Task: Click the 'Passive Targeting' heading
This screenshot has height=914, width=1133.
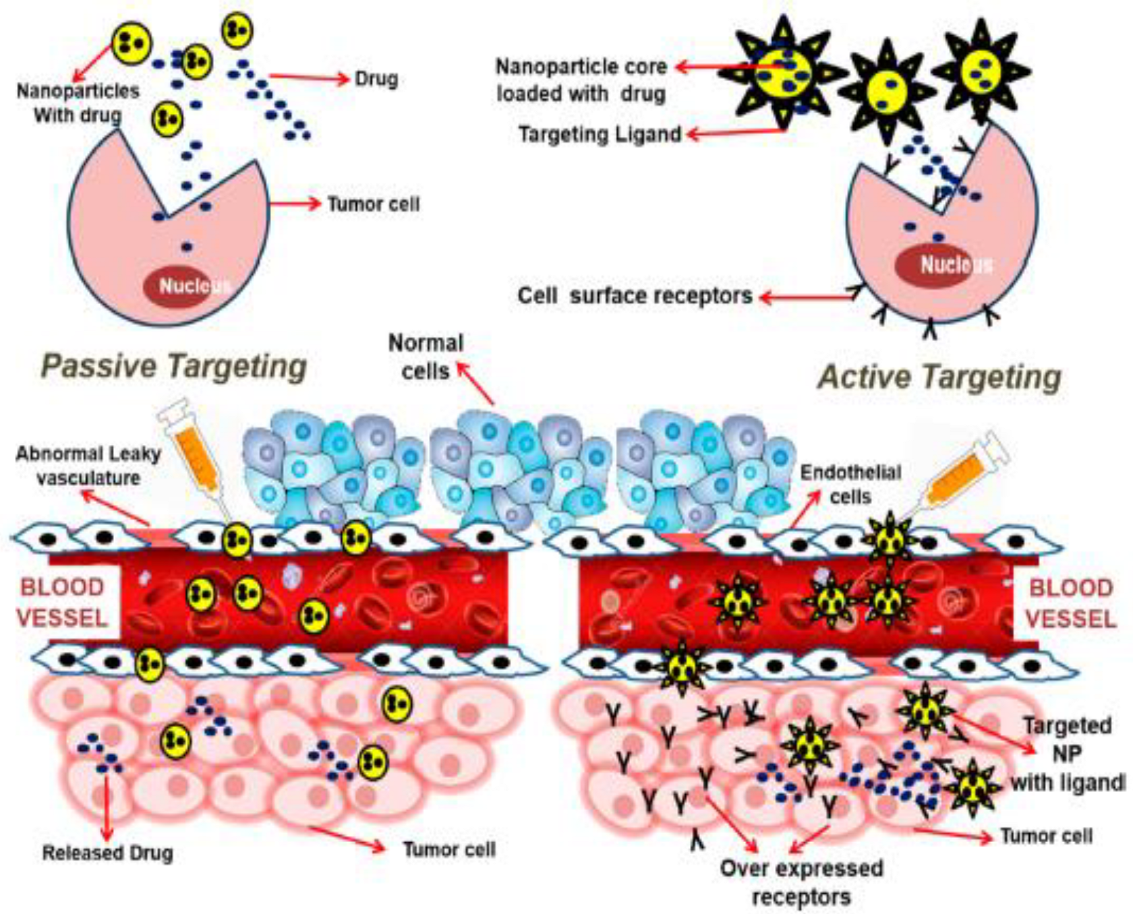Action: click(174, 366)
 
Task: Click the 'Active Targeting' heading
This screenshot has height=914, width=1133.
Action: click(939, 377)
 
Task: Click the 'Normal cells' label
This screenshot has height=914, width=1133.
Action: click(426, 357)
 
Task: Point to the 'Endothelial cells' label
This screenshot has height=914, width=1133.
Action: click(850, 485)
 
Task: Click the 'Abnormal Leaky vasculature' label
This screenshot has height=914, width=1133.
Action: click(88, 466)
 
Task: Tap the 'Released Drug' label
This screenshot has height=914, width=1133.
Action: click(108, 853)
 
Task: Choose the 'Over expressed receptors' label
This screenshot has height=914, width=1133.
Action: click(801, 882)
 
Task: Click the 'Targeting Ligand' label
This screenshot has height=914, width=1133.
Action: click(599, 134)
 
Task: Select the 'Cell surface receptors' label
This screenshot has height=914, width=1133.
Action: click(635, 295)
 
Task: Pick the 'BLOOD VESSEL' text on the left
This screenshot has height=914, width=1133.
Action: click(62, 603)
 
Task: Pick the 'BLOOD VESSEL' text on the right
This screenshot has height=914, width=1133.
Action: click(1070, 603)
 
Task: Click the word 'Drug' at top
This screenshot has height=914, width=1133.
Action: click(376, 79)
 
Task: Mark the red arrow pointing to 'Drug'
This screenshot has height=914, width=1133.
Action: click(307, 78)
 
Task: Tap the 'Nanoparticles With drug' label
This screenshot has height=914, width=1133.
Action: click(78, 102)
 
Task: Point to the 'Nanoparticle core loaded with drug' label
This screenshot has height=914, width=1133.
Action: click(581, 80)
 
